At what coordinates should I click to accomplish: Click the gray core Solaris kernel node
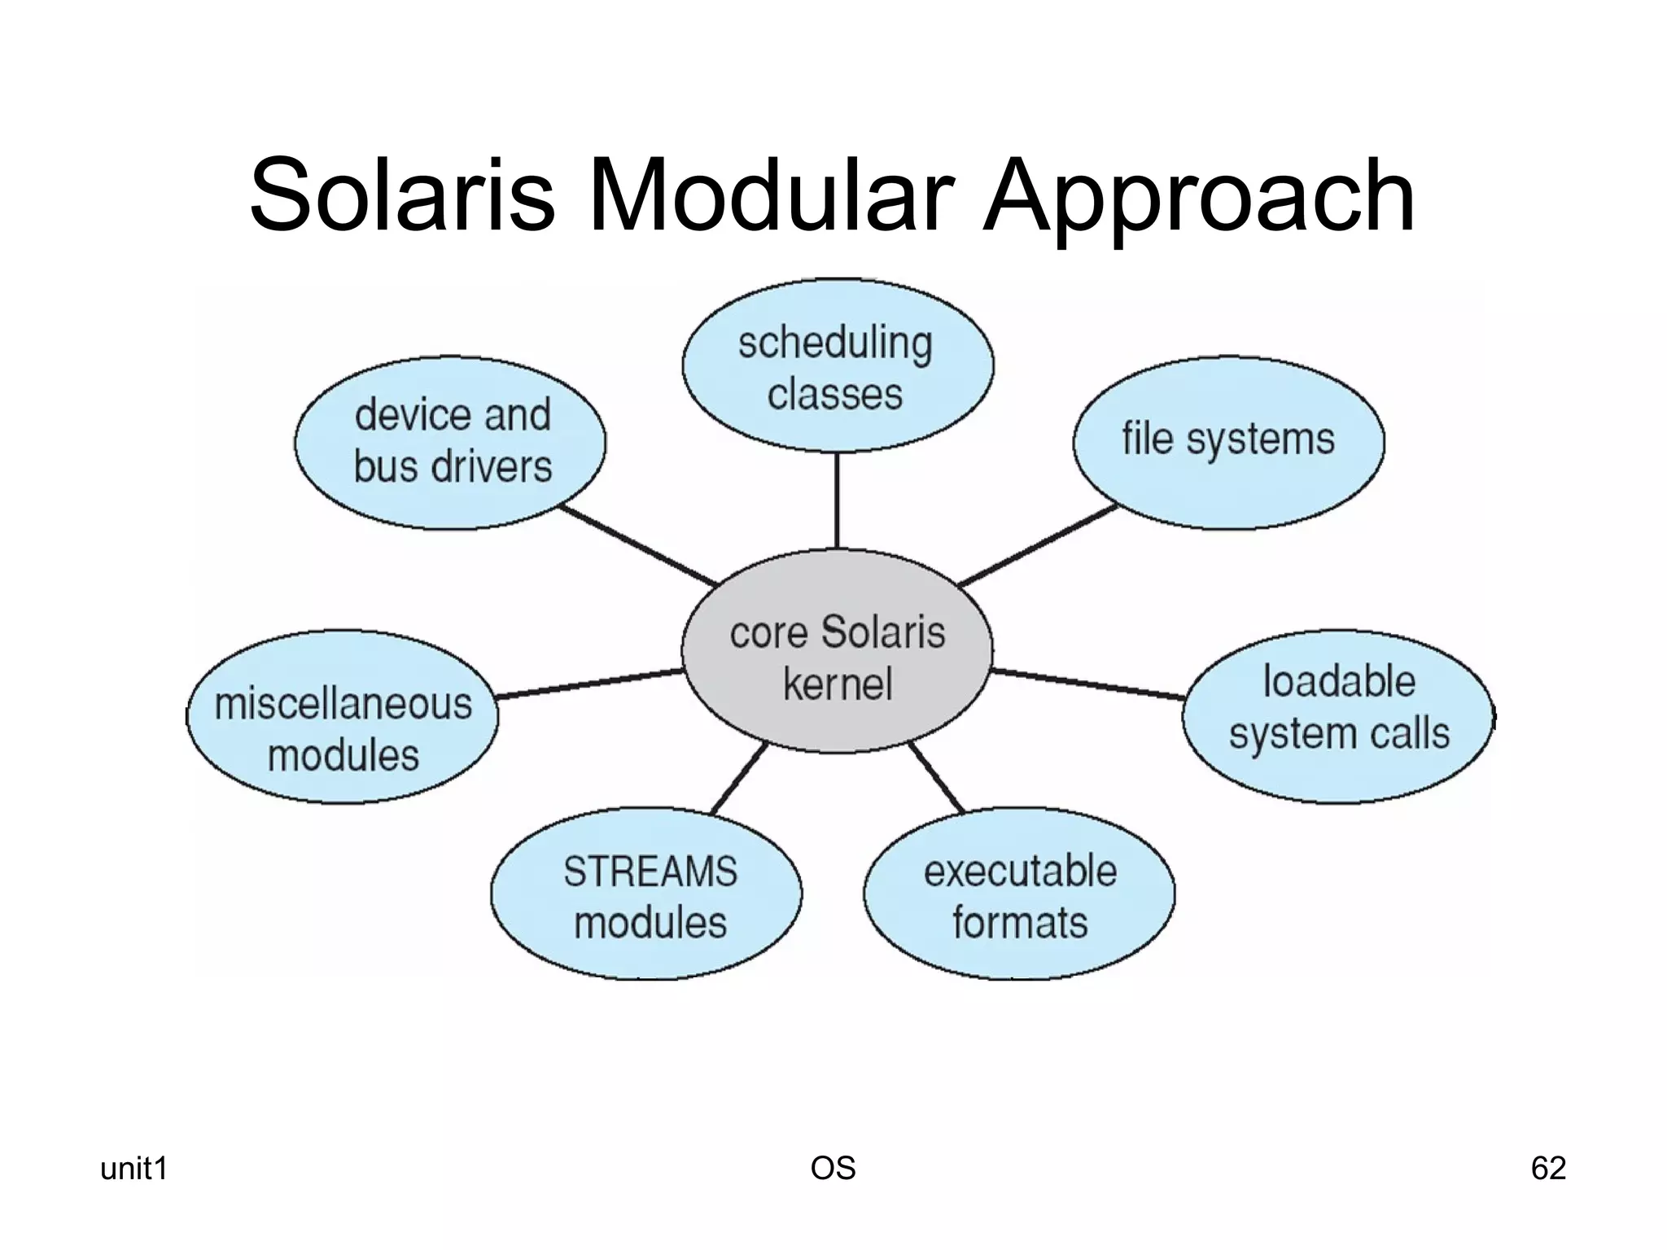[837, 652]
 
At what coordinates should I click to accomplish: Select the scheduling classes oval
[837, 366]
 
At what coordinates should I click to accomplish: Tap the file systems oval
[1227, 441]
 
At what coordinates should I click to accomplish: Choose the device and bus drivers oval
[451, 442]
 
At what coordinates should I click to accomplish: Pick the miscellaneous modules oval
[342, 716]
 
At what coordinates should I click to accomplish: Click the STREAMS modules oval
[647, 894]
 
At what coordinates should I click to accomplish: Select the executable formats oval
[1019, 894]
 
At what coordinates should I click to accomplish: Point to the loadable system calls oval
[1338, 716]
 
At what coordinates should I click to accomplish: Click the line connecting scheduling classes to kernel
[837, 500]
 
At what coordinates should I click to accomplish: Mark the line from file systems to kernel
[1038, 545]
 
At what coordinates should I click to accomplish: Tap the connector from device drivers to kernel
[639, 545]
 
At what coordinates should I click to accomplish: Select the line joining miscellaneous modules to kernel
[590, 684]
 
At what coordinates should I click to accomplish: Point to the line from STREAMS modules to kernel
[739, 779]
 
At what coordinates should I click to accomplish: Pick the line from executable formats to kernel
[936, 779]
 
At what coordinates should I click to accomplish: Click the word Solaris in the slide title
[402, 197]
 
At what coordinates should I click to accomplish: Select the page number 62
[1548, 1169]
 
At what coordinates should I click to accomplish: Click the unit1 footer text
[133, 1169]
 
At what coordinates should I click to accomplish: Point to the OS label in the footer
[833, 1169]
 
